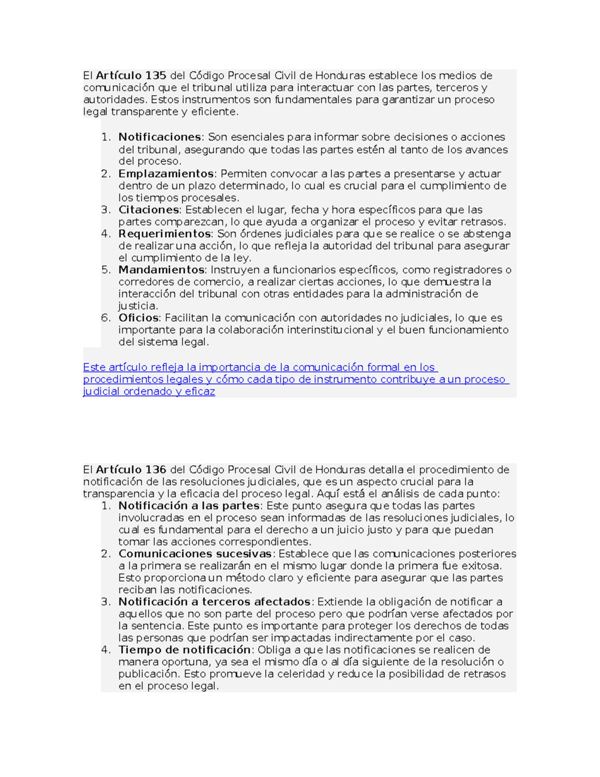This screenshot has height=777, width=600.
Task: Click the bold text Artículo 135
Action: [x=131, y=76]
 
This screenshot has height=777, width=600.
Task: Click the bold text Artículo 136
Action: [x=131, y=470]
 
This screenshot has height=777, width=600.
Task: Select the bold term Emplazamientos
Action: [x=166, y=174]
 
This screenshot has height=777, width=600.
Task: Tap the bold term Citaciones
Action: [x=148, y=210]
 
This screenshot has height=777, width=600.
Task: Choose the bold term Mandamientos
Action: [x=161, y=270]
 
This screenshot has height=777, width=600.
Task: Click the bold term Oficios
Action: [x=138, y=318]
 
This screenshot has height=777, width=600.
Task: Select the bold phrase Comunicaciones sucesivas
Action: [x=195, y=554]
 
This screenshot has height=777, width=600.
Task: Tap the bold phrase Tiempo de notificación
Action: [x=184, y=650]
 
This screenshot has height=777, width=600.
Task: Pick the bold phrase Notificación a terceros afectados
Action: [x=214, y=602]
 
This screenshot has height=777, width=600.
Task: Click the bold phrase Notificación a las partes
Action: [x=188, y=506]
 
